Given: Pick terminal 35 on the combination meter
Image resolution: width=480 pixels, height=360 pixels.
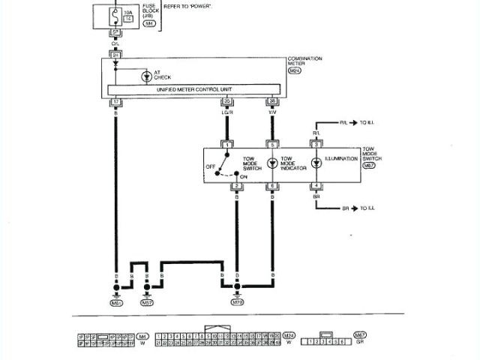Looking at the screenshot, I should [226, 100].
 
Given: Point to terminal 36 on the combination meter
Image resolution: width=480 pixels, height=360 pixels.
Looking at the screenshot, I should [271, 100].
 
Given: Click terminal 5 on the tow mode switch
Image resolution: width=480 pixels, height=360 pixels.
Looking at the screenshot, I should [271, 143].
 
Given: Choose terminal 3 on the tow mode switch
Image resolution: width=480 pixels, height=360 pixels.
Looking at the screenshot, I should [317, 143].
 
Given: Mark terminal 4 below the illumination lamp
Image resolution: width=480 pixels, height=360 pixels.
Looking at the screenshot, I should [317, 184].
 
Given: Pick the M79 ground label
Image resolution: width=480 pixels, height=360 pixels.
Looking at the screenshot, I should [237, 303].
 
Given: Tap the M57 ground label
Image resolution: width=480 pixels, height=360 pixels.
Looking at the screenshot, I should [147, 303].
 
